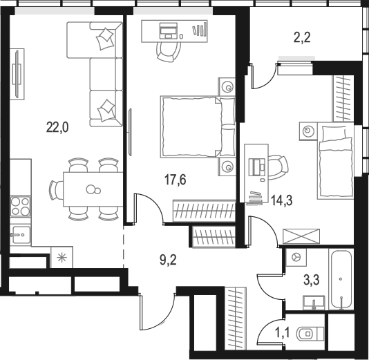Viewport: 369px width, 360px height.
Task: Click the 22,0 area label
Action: (x=57, y=128)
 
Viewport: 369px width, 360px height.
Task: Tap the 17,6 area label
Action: (x=176, y=180)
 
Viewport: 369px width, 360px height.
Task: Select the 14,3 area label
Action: (x=282, y=200)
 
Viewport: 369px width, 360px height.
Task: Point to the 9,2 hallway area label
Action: (x=169, y=260)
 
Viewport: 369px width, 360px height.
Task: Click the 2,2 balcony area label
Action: (x=302, y=37)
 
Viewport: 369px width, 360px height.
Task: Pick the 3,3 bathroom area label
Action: (x=311, y=281)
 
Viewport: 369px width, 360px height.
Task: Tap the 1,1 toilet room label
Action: (x=283, y=333)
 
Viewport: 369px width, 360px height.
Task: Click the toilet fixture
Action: (x=311, y=334)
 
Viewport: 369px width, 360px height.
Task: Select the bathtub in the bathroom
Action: (x=341, y=280)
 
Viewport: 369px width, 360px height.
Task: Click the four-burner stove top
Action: (x=20, y=207)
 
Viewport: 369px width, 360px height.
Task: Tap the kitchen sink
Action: (x=21, y=235)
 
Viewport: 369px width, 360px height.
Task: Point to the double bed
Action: (x=198, y=126)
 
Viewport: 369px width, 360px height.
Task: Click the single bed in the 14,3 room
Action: (x=335, y=160)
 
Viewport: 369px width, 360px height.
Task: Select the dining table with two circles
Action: (x=93, y=189)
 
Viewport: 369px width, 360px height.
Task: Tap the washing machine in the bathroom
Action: (x=296, y=258)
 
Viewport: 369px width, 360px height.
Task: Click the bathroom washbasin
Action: (x=314, y=303)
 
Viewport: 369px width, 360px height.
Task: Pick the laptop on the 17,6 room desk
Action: (x=169, y=31)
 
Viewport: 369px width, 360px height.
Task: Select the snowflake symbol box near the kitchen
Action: (x=62, y=257)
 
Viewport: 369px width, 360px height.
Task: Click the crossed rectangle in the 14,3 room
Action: (x=301, y=236)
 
